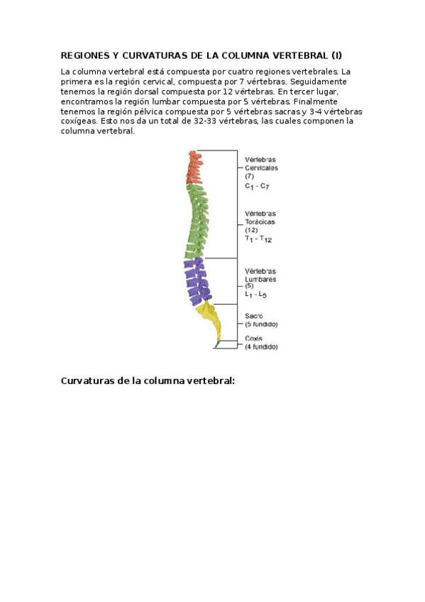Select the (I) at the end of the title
click(336, 55)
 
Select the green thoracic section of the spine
click(197, 220)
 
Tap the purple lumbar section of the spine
click(196, 280)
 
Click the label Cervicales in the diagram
click(261, 168)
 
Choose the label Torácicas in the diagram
click(260, 222)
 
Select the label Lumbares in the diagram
click(260, 280)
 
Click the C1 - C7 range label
click(257, 186)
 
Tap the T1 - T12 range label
click(258, 239)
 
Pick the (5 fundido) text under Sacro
click(262, 324)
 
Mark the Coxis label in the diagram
click(254, 339)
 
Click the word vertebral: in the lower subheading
click(210, 381)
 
